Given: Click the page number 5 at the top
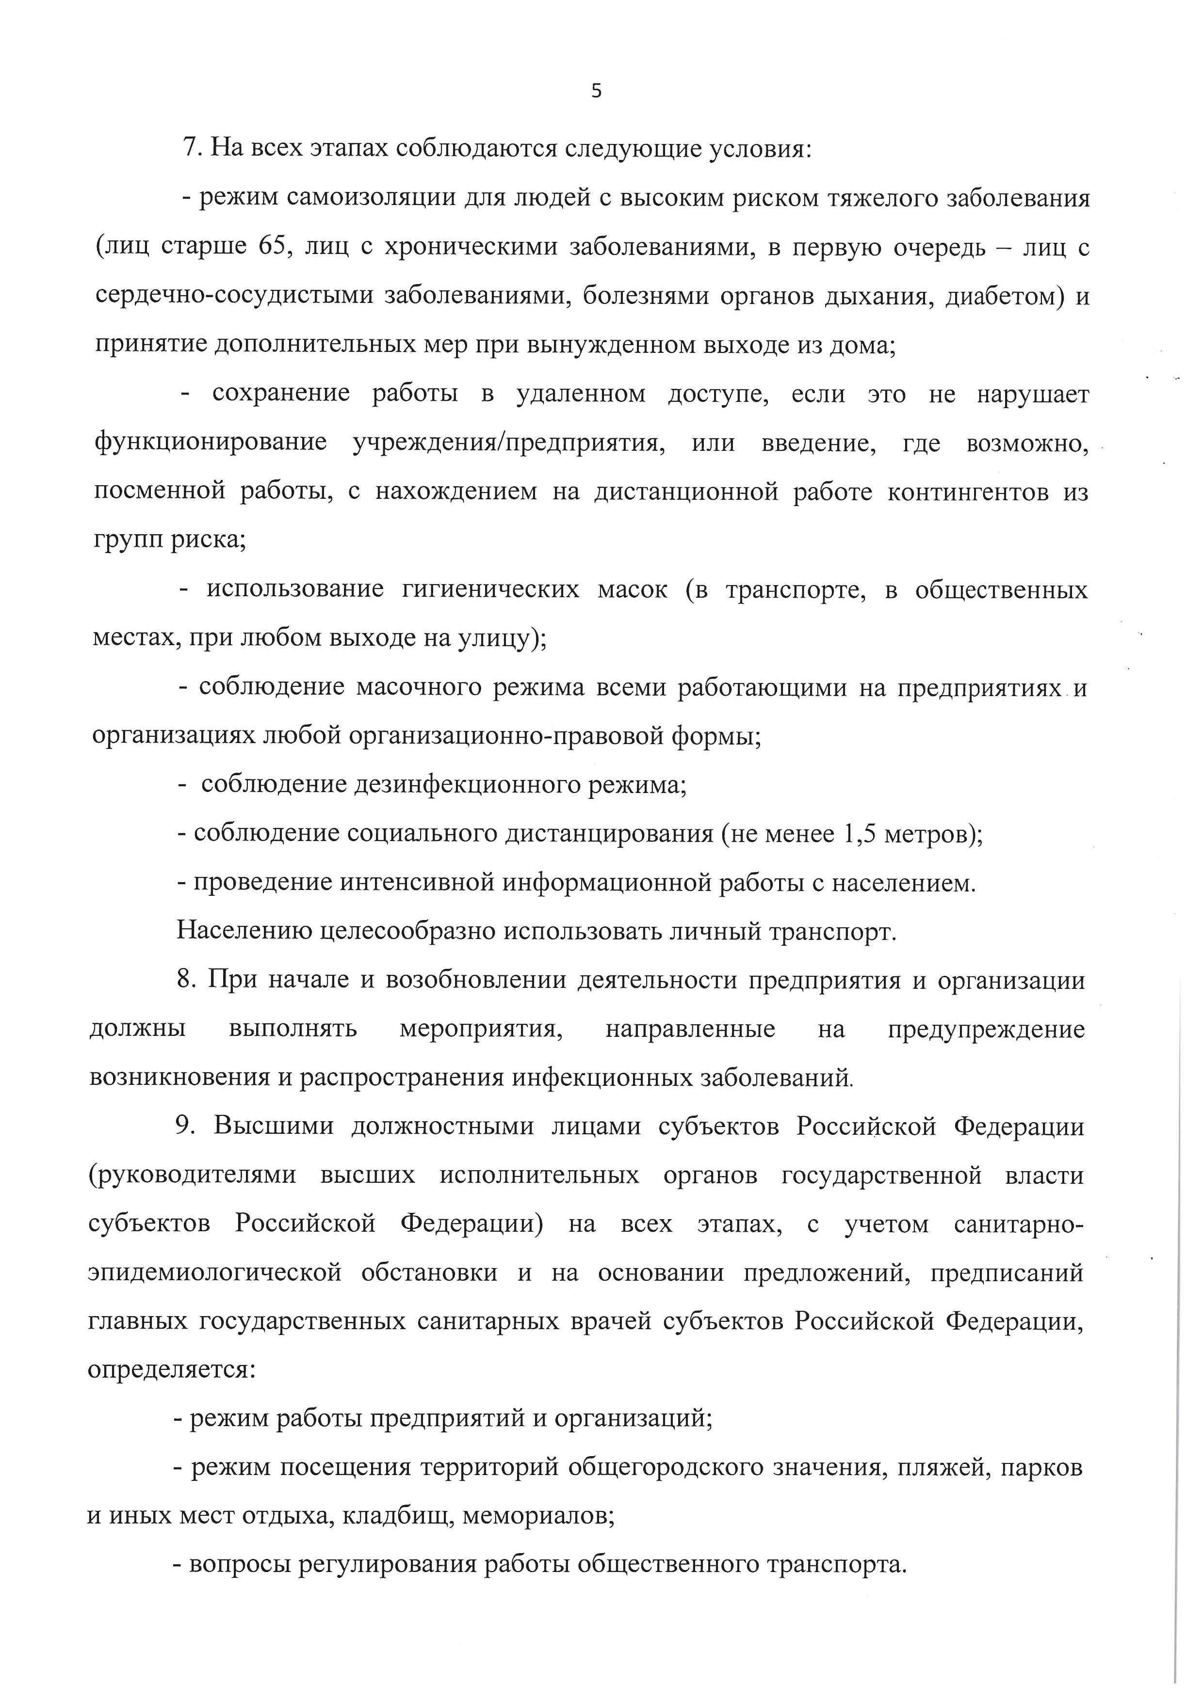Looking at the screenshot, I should pyautogui.click(x=596, y=91).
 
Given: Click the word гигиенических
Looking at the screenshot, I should pyautogui.click(x=490, y=589).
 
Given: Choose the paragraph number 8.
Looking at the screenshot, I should pyautogui.click(x=185, y=980).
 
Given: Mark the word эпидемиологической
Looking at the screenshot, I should pyautogui.click(x=215, y=1273).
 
